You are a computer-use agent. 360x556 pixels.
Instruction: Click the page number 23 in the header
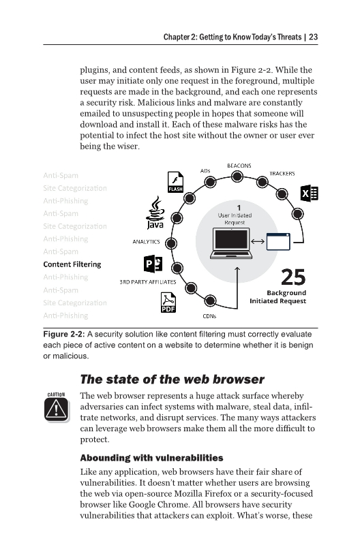pyautogui.click(x=313, y=37)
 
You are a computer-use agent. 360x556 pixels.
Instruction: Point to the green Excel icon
pyautogui.click(x=309, y=194)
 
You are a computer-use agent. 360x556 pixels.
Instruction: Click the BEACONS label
pyautogui.click(x=239, y=166)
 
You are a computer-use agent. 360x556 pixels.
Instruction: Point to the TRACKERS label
pyautogui.click(x=282, y=174)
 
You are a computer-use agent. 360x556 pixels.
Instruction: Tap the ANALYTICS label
pyautogui.click(x=145, y=241)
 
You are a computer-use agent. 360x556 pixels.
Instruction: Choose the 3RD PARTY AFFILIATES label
pyautogui.click(x=148, y=281)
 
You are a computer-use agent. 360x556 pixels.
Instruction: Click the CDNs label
pyautogui.click(x=209, y=315)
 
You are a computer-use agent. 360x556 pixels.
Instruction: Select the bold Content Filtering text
pyautogui.click(x=72, y=264)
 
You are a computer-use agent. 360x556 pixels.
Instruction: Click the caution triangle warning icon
pyautogui.click(x=57, y=407)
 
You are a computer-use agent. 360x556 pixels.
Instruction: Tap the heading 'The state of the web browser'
pyautogui.click(x=172, y=379)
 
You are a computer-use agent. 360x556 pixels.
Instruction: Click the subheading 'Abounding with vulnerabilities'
pyautogui.click(x=151, y=457)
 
